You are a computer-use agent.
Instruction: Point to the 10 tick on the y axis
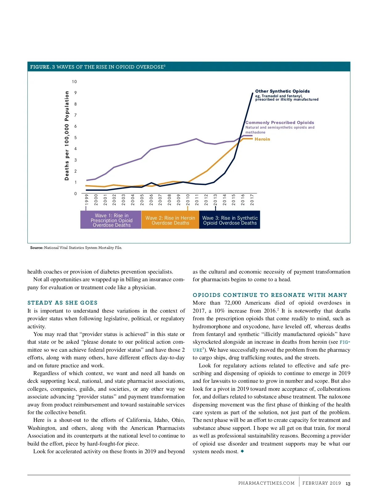point(74,82)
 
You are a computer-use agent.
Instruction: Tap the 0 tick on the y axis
point(76,194)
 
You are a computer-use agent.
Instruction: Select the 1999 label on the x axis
point(87,199)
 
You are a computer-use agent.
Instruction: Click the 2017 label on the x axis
point(252,199)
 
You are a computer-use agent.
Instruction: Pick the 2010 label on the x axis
point(188,199)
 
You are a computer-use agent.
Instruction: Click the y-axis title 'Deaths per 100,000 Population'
point(67,135)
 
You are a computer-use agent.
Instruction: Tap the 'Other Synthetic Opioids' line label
point(282,91)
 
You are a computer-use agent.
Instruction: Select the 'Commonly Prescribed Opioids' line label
point(280,122)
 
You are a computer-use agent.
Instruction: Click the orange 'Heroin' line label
point(262,139)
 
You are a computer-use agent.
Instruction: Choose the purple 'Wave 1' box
point(111,220)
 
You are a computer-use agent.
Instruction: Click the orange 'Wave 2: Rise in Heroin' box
point(170,220)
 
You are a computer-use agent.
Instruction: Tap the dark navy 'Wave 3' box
point(230,220)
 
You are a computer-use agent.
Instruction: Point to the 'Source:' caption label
point(37,248)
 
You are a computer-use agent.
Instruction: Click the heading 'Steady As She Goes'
point(62,303)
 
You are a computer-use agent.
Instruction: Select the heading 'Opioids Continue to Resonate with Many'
point(270,295)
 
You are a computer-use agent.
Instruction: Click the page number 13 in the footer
point(348,484)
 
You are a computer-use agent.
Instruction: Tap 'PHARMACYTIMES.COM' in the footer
point(266,483)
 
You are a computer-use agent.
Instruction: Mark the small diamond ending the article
point(242,451)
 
